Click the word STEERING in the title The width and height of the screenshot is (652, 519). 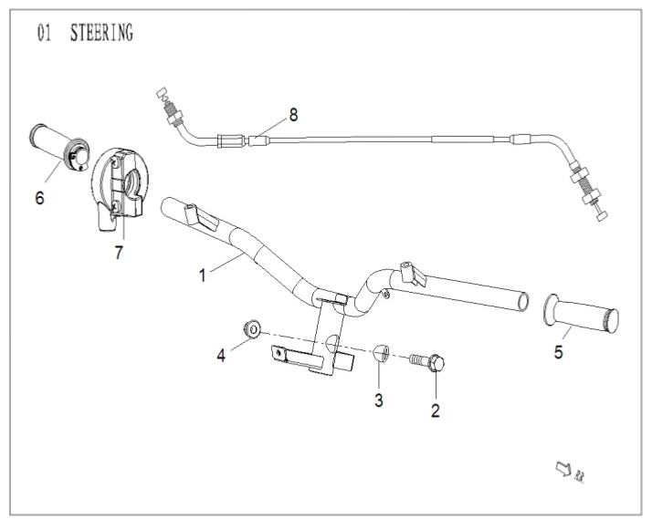click(x=101, y=35)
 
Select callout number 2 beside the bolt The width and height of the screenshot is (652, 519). click(x=436, y=410)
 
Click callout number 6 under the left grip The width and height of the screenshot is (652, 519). click(x=39, y=197)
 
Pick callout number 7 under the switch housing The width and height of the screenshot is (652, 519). click(x=119, y=253)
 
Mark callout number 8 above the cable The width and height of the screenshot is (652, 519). click(x=293, y=115)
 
